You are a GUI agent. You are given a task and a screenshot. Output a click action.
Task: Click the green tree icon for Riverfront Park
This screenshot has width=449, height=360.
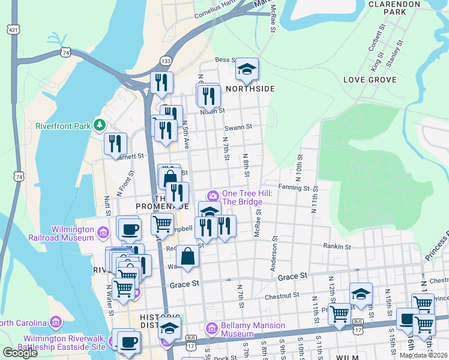coord(101,126)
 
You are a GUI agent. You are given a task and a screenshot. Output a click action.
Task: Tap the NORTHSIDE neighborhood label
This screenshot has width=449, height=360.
coord(250,89)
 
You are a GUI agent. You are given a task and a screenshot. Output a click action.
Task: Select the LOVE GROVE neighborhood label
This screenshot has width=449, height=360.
coord(369,80)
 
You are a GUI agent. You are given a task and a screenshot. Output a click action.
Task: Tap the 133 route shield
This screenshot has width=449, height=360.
coord(166,61)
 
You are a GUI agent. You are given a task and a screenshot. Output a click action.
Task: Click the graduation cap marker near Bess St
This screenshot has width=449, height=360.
coord(246,70)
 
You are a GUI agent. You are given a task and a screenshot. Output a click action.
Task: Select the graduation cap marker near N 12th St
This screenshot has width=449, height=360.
coord(361,294)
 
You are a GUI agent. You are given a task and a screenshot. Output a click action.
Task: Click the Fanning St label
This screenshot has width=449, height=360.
coord(294,188)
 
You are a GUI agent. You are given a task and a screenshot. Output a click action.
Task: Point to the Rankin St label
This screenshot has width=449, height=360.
coord(337,247)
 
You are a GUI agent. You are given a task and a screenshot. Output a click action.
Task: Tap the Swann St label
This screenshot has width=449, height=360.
coord(238,127)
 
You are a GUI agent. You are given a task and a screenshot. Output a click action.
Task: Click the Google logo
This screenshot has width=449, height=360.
coord(20,353)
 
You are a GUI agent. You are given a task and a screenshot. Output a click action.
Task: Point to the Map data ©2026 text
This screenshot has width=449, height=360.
coord(423,355)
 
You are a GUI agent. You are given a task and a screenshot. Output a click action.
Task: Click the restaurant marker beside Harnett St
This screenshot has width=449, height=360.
coord(115,144)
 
